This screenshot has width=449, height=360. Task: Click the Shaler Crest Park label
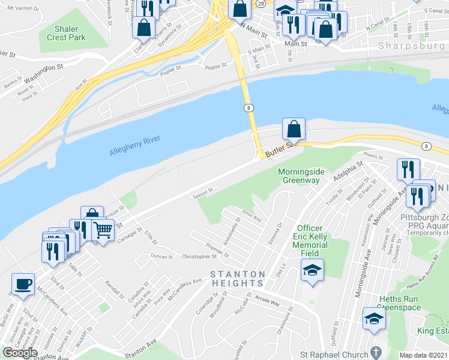click(x=70, y=33)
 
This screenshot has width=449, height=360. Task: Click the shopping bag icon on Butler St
click(x=294, y=129)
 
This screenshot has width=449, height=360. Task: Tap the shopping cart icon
click(x=103, y=229)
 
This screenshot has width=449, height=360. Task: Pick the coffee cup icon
click(x=23, y=284)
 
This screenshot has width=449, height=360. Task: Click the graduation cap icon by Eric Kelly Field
click(x=312, y=270)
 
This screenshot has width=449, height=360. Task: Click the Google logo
click(x=20, y=353)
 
